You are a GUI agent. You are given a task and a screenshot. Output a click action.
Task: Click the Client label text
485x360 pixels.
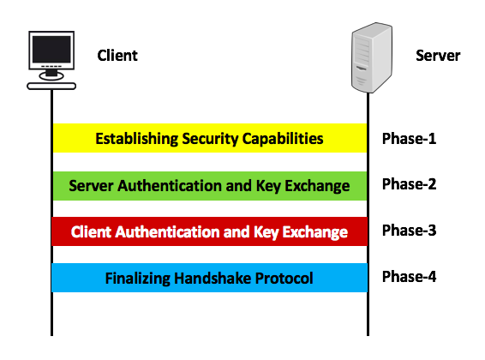pyautogui.click(x=117, y=56)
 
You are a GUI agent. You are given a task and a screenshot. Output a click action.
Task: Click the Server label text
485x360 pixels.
pyautogui.click(x=438, y=56)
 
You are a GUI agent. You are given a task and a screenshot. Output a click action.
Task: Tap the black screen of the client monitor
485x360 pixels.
pyautogui.click(x=51, y=50)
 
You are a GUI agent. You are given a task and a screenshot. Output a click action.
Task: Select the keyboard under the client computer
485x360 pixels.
pyautogui.click(x=51, y=87)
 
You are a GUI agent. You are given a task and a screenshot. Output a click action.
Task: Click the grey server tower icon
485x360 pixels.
pyautogui.click(x=372, y=57)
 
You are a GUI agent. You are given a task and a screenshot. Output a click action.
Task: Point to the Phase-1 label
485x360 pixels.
pyautogui.click(x=409, y=139)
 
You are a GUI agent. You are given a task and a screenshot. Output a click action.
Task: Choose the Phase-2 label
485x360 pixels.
pyautogui.click(x=409, y=184)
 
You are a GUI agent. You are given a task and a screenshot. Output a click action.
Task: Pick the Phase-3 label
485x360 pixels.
pyautogui.click(x=409, y=231)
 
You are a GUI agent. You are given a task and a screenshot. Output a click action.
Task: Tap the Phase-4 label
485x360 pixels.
pyautogui.click(x=409, y=277)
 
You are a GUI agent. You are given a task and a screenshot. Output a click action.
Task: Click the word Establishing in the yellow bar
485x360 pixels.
pyautogui.click(x=137, y=139)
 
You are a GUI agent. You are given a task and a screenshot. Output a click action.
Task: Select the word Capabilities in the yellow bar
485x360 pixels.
pyautogui.click(x=283, y=139)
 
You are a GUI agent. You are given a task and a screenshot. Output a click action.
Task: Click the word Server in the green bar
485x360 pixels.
pyautogui.click(x=91, y=186)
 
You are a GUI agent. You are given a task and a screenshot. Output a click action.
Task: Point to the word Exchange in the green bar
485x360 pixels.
pyautogui.click(x=317, y=186)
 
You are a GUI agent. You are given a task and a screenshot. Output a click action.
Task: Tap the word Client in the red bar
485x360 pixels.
pyautogui.click(x=91, y=232)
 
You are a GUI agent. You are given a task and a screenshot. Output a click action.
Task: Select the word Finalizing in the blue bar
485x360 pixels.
pyautogui.click(x=138, y=279)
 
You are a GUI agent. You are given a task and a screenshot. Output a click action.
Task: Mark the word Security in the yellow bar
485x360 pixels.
pyautogui.click(x=210, y=139)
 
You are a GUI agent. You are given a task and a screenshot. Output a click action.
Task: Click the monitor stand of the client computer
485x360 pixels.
pyautogui.click(x=51, y=75)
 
